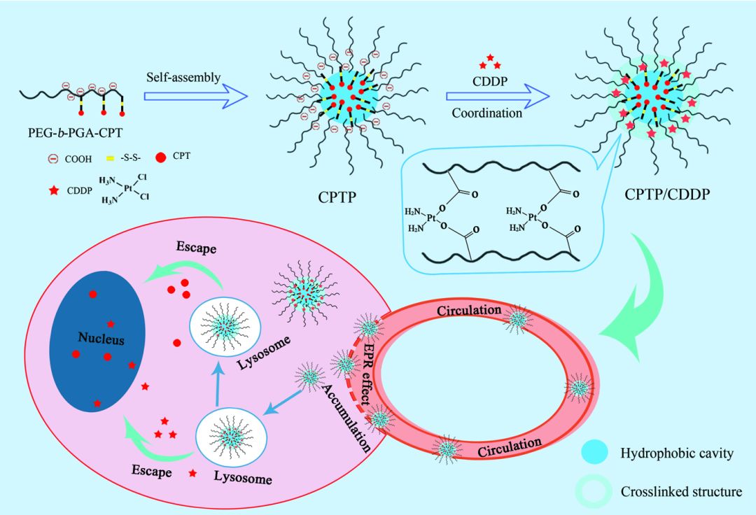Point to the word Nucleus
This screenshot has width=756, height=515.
101,340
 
